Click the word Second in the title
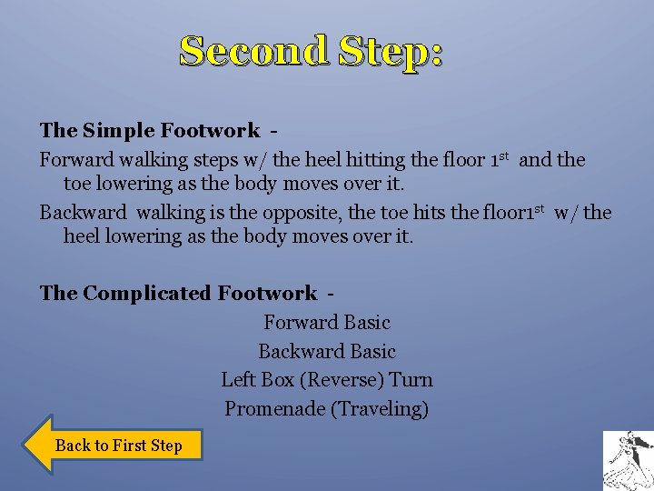click(x=253, y=51)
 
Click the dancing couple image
click(x=628, y=461)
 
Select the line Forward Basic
click(x=327, y=322)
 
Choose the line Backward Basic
click(x=327, y=351)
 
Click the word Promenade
click(x=273, y=409)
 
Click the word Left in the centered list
click(x=238, y=380)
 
